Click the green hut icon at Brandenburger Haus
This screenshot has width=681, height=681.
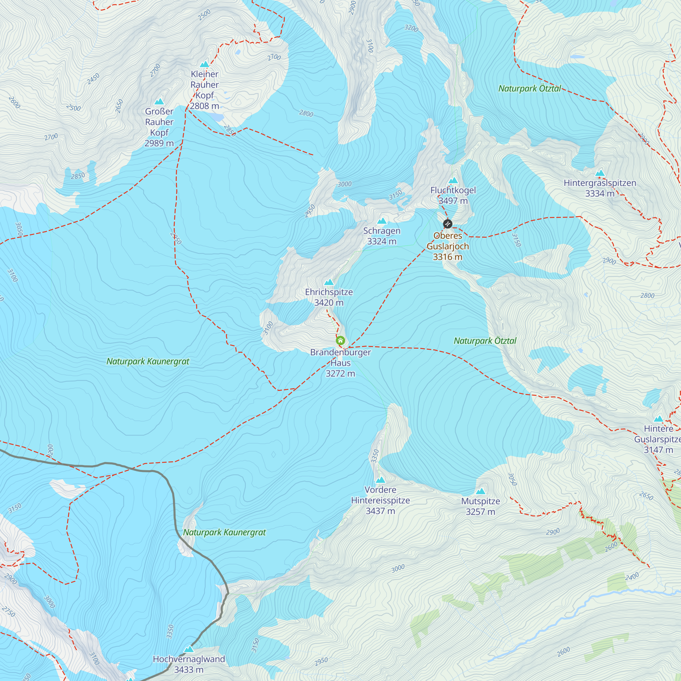tap(340, 340)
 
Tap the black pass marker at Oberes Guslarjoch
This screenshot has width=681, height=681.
tap(447, 223)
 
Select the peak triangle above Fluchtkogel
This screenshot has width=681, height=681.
tap(453, 181)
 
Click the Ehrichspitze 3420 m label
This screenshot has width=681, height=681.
tap(329, 297)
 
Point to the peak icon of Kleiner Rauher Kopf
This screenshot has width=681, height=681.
tap(204, 64)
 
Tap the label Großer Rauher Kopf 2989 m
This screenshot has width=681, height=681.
tap(159, 127)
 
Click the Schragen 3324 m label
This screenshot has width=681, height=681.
tap(382, 236)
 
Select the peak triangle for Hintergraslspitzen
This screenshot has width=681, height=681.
tap(600, 173)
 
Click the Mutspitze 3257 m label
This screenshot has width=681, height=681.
tap(480, 506)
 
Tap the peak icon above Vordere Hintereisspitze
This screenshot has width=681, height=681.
tap(380, 480)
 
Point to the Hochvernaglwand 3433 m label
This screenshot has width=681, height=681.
tap(189, 664)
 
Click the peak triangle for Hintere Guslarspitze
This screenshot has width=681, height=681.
tap(659, 419)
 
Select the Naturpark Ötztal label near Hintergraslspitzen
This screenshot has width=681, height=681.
tap(529, 89)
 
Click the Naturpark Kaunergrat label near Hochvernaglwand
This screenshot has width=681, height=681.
tap(224, 532)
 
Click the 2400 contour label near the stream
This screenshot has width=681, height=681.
tap(632, 577)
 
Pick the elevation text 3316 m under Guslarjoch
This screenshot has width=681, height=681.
tap(447, 257)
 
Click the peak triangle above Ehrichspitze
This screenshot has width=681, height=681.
tap(329, 282)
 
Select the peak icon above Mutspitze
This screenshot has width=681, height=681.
tap(480, 491)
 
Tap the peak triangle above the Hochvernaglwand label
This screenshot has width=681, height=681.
tap(189, 649)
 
